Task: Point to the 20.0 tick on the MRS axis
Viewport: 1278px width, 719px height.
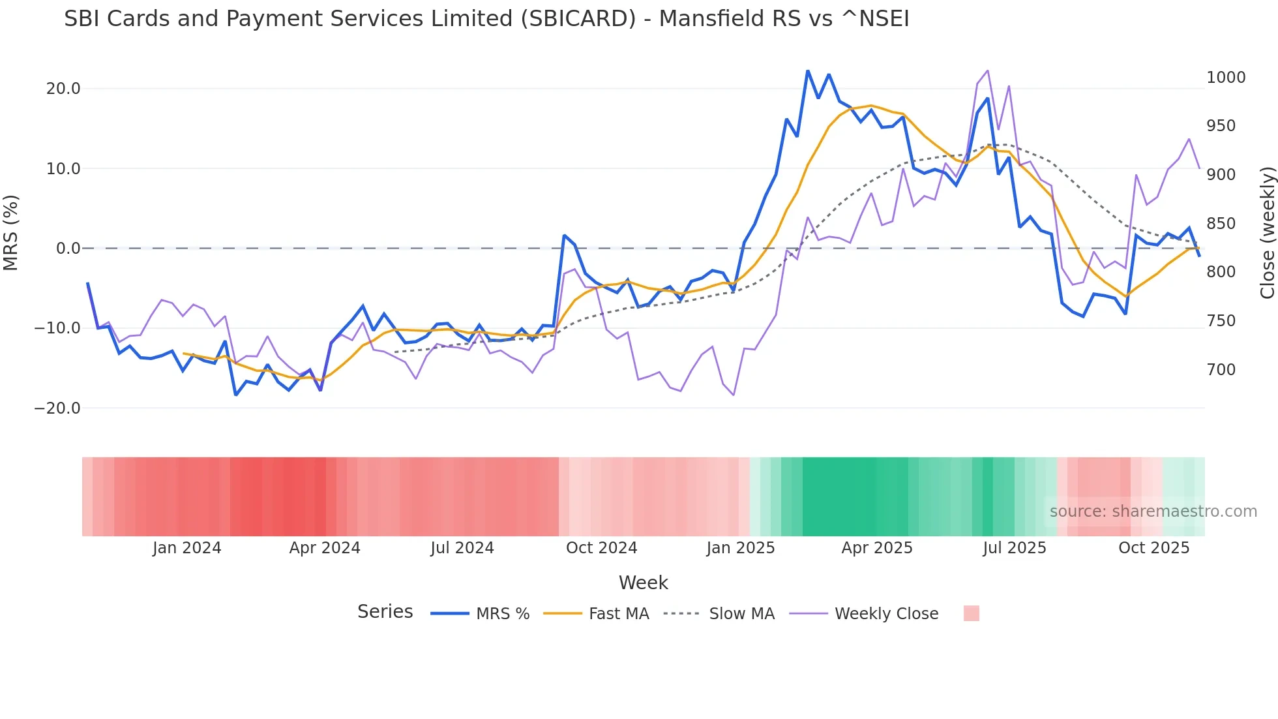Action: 63,89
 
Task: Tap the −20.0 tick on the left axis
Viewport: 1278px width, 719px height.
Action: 57,408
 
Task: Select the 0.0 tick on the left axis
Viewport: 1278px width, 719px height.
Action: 68,249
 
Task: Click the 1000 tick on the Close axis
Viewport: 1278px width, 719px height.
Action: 1226,78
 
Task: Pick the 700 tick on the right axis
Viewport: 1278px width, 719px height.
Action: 1221,370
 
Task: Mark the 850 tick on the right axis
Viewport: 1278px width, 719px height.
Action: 1221,224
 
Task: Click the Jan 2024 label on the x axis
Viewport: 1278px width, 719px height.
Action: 187,548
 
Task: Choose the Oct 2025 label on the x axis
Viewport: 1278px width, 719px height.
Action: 1154,548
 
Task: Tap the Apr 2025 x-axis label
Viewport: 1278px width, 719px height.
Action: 877,548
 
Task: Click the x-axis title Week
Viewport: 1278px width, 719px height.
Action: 643,583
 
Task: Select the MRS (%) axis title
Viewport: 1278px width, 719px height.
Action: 11,233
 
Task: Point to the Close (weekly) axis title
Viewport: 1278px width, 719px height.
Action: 1267,233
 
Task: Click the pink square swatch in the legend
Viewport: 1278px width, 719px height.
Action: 971,613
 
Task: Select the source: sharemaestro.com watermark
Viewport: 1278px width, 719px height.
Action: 1153,512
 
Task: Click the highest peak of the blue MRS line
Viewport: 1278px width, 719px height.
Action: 808,71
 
